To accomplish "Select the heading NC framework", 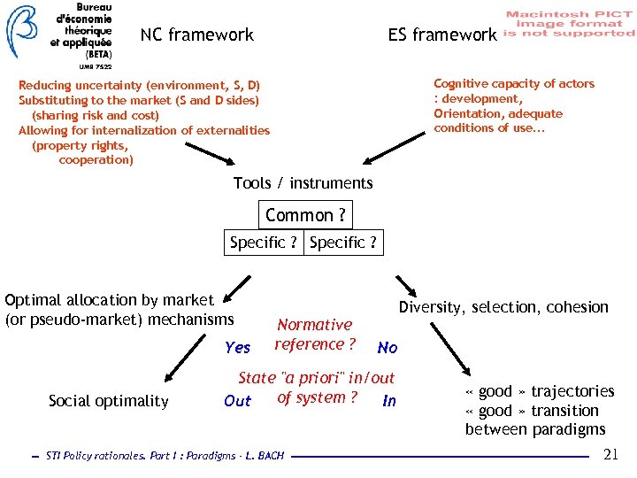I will (x=196, y=35).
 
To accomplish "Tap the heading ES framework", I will (x=441, y=35).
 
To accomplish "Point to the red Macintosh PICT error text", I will (x=570, y=24).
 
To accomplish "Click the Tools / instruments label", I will (x=303, y=183).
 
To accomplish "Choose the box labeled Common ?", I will (x=305, y=215).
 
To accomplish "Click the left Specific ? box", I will (x=263, y=243).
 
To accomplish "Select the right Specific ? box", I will (x=343, y=243).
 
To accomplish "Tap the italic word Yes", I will (x=237, y=348).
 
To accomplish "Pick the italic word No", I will (x=387, y=348).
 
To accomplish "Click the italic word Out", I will (x=237, y=401).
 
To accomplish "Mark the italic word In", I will (x=388, y=401).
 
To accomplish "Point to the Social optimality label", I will (x=108, y=401).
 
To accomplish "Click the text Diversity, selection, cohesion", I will (x=503, y=307).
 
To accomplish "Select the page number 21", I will (x=610, y=455).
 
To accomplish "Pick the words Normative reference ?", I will (x=315, y=335).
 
